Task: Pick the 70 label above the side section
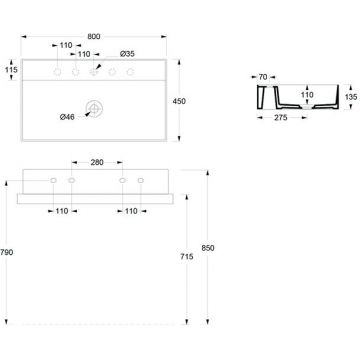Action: [x=262, y=75]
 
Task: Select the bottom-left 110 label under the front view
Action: [x=61, y=212]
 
